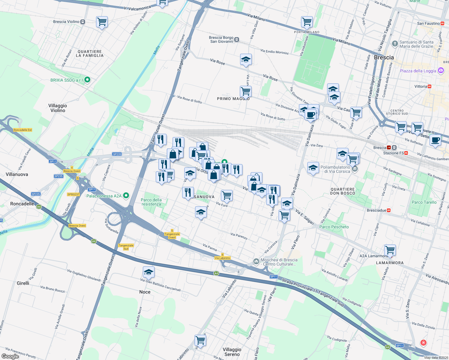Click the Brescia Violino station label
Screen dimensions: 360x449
click(x=66, y=22)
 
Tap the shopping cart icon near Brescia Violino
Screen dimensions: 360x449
click(x=102, y=22)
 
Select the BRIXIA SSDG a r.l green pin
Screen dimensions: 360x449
click(x=87, y=80)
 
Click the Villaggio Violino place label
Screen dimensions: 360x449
click(x=58, y=108)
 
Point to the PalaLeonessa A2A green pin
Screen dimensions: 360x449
click(x=126, y=196)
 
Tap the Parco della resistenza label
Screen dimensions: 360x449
click(x=151, y=202)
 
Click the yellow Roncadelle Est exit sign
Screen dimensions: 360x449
click(x=23, y=130)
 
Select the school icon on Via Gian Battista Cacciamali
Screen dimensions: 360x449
click(x=149, y=272)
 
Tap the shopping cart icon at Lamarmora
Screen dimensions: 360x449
click(x=390, y=250)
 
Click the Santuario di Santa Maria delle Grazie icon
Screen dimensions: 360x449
click(x=395, y=44)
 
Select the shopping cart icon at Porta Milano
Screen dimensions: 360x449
click(x=307, y=22)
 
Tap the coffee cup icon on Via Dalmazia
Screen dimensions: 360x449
click(x=311, y=115)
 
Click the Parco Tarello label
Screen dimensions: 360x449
click(x=424, y=202)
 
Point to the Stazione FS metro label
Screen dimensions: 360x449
click(x=395, y=153)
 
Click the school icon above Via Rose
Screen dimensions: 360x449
click(x=246, y=59)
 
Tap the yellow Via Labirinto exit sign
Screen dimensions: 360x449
click(x=223, y=258)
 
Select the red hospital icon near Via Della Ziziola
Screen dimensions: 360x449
click(x=423, y=342)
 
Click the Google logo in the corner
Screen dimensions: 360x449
click(x=10, y=356)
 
